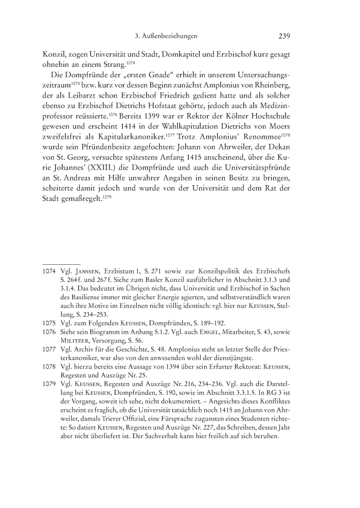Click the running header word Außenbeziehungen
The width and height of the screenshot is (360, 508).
tap(172, 36)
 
